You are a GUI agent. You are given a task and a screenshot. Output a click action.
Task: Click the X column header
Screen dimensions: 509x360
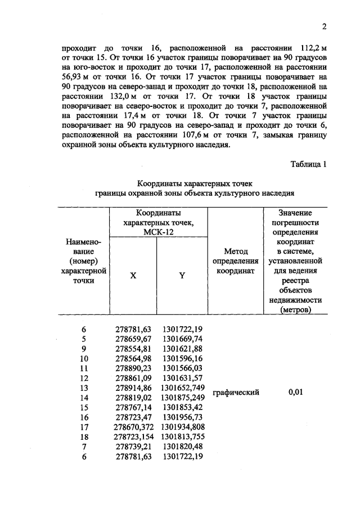[133, 276]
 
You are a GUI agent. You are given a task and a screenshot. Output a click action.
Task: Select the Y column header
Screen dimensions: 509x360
[182, 276]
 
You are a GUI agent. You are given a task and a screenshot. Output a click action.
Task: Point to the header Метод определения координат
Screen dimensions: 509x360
[236, 260]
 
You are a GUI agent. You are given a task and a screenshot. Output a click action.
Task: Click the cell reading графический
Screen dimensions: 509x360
[236, 393]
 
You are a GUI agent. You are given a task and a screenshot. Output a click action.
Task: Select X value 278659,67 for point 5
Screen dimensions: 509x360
[133, 339]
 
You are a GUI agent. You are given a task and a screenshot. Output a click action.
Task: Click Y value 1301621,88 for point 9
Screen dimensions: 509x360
[183, 349]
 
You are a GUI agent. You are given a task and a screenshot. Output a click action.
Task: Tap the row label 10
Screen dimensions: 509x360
[84, 358]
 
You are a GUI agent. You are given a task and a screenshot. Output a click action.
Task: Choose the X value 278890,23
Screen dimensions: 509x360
[133, 368]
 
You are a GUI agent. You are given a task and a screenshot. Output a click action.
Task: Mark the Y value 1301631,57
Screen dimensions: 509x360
[183, 377]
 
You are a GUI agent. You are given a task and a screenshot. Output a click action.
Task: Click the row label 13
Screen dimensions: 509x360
[84, 388]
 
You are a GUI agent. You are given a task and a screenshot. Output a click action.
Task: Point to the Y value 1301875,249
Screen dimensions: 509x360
[183, 397]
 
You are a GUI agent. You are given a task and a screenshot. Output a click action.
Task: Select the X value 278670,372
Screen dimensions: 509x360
[133, 426]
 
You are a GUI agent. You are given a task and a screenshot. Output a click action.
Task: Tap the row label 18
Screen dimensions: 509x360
[84, 436]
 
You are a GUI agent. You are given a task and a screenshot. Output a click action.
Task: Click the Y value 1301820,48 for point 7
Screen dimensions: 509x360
[183, 445]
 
